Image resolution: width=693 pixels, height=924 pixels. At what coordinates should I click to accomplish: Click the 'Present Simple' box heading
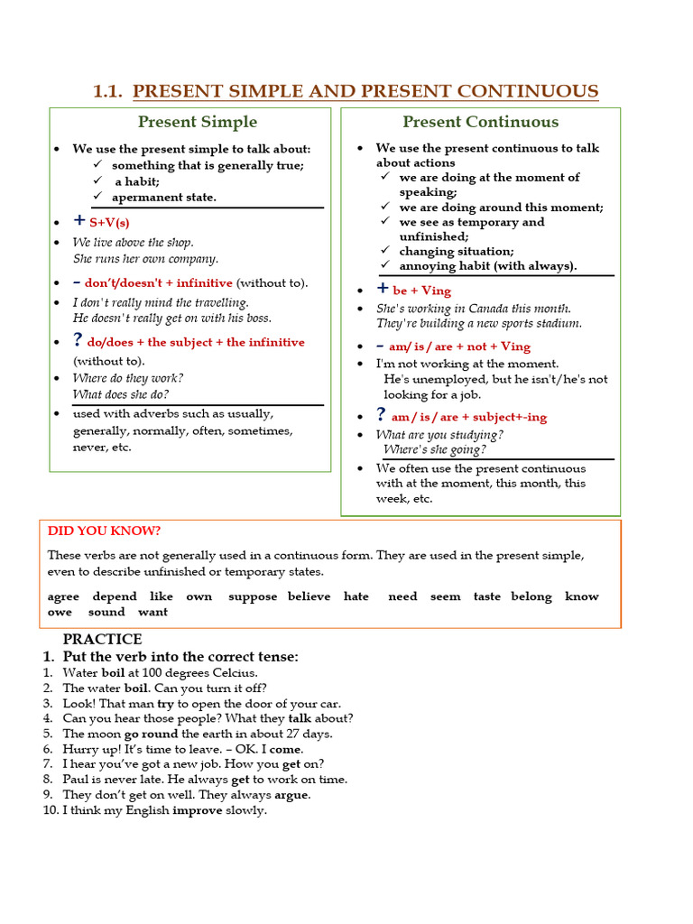(x=197, y=122)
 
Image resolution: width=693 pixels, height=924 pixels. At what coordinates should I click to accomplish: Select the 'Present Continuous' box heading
(x=480, y=122)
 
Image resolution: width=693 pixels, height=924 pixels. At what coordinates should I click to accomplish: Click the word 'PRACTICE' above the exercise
(x=102, y=640)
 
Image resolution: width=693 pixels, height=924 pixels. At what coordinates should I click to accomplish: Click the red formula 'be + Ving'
(x=421, y=291)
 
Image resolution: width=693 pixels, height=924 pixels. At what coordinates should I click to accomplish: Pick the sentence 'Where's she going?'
(x=435, y=449)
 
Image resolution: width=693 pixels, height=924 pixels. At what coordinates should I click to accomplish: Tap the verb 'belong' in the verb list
(x=531, y=596)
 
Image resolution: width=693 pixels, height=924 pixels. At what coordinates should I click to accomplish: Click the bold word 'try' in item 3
(x=165, y=703)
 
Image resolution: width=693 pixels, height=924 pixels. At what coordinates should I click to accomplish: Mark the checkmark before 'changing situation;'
(x=385, y=251)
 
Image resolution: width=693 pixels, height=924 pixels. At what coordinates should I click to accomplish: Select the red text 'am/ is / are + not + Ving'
(x=461, y=346)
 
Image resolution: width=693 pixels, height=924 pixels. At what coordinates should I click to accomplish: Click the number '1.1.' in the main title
(x=108, y=91)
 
